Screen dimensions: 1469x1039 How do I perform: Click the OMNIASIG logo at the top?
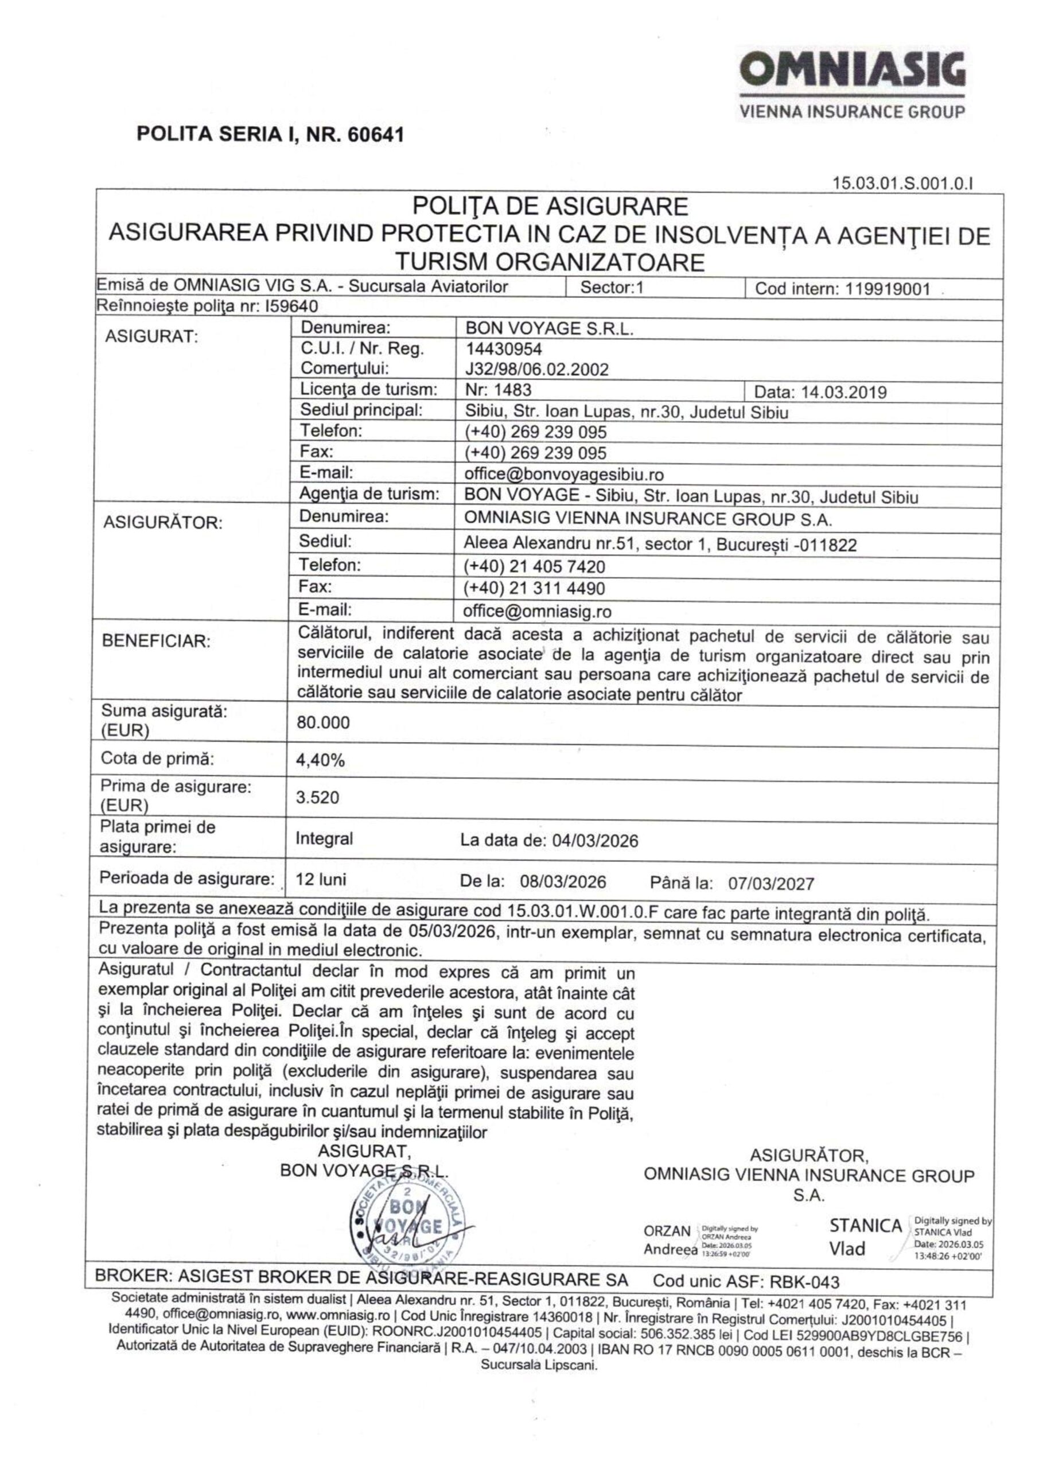click(852, 71)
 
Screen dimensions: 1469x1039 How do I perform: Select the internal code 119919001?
click(888, 289)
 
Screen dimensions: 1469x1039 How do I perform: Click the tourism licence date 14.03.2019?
click(843, 391)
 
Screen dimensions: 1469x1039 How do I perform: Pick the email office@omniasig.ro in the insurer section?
click(538, 611)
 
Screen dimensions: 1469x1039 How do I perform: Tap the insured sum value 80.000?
click(323, 723)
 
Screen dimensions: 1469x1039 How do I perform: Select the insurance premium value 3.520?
click(317, 797)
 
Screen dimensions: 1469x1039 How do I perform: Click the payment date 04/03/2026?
click(595, 841)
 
